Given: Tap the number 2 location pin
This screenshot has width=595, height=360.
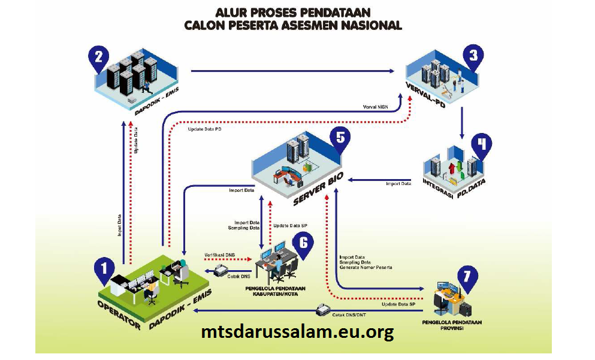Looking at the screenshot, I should coord(98,58).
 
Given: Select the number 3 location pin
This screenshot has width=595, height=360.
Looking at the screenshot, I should coord(473,58).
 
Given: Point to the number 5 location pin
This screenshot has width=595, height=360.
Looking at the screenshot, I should coord(340,138).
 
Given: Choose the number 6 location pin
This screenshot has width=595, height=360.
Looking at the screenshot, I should coord(304,243).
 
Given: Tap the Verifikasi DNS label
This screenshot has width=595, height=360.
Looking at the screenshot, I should coord(219,255).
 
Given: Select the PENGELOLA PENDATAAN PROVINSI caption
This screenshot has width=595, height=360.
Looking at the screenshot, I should coord(448,325).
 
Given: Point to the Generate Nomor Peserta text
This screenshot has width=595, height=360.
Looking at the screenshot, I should coord(366,267).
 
